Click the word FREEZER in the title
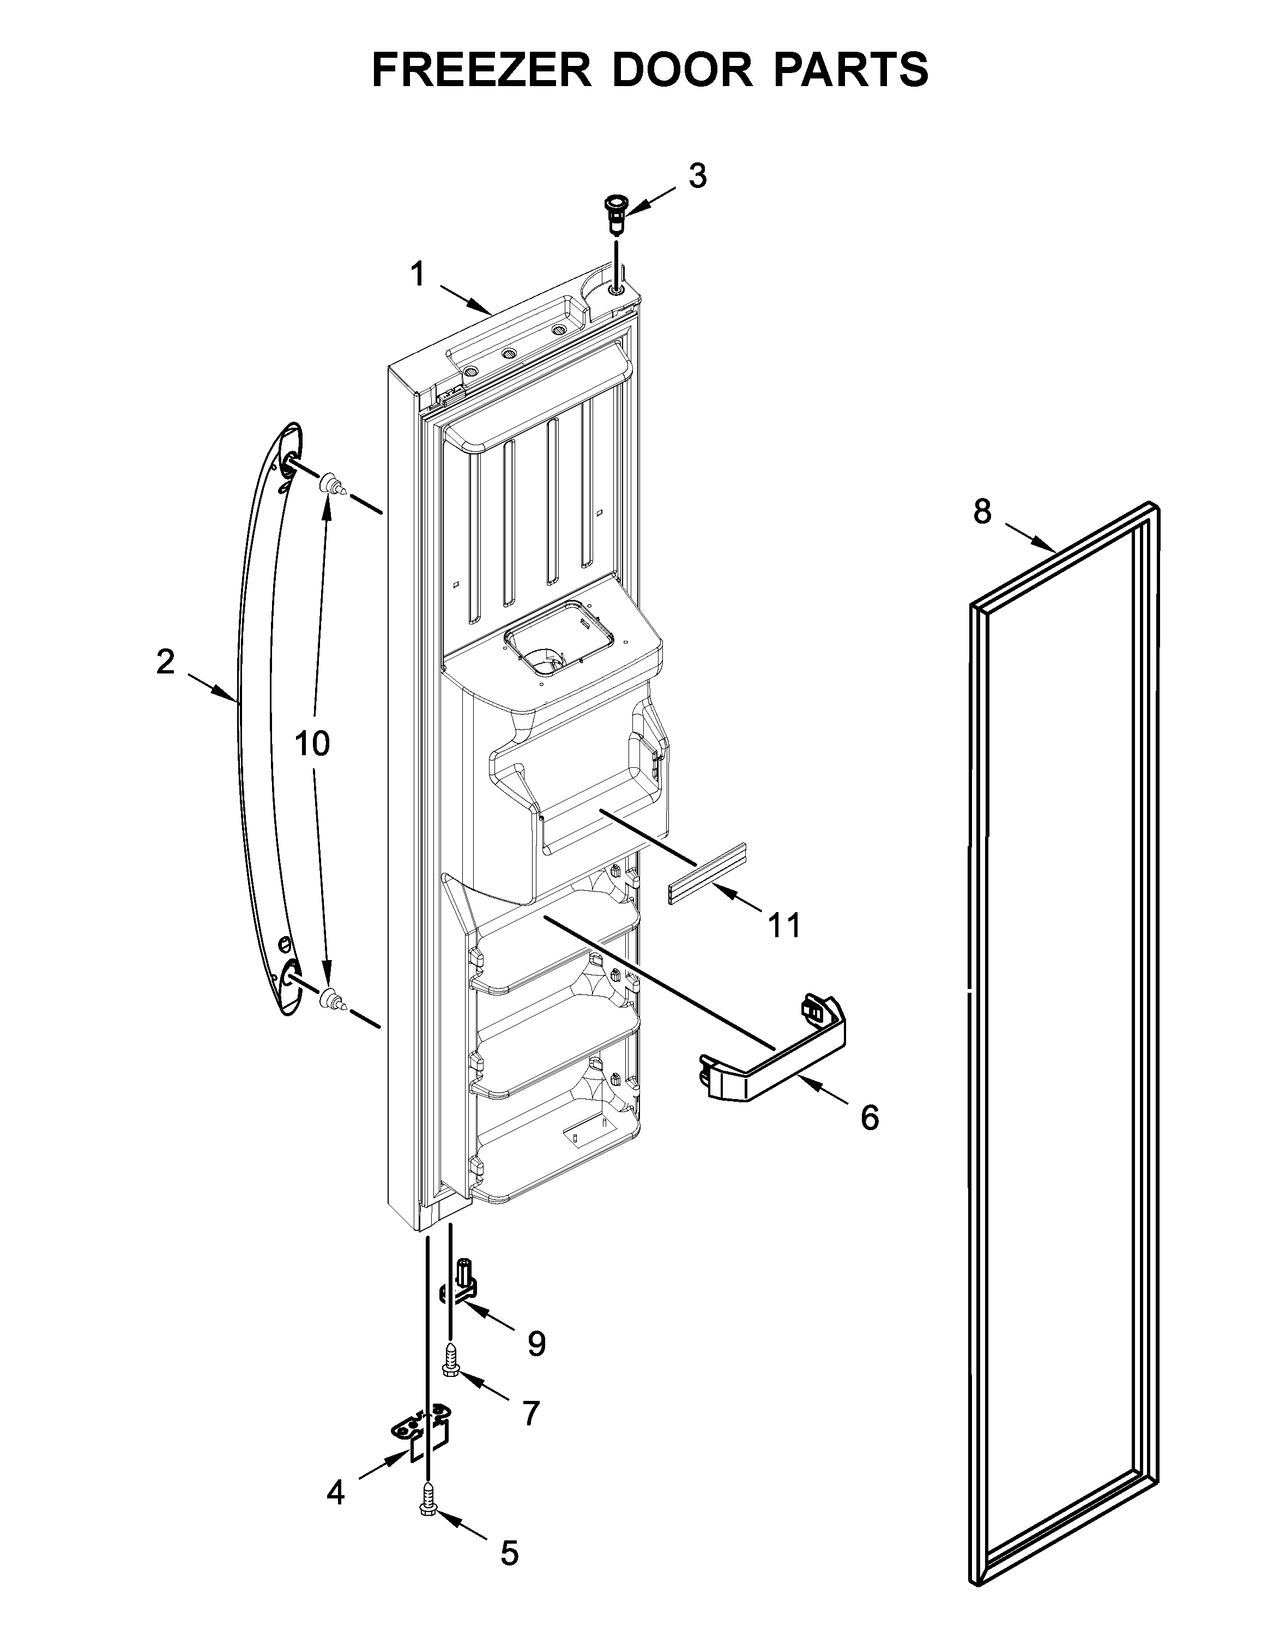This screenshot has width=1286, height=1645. point(482,70)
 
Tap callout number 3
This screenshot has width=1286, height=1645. point(698,176)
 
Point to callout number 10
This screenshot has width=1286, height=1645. point(312,744)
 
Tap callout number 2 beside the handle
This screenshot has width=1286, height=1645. point(165,662)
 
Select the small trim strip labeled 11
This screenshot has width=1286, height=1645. point(707,873)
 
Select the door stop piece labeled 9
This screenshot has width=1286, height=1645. point(460,1283)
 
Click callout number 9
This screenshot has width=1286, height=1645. point(536,1344)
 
